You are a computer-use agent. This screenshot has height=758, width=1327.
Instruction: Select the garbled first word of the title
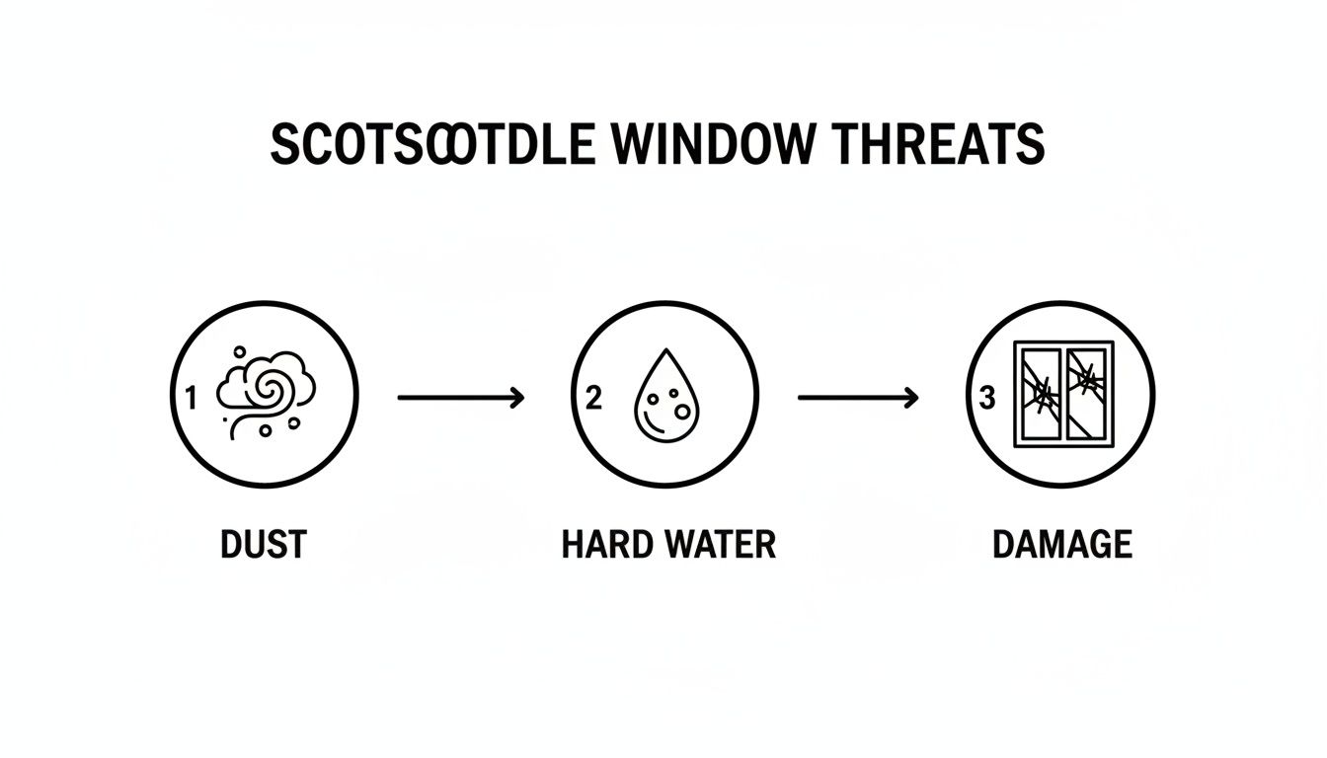[x=432, y=145]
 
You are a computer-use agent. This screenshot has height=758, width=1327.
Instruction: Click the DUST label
[x=264, y=544]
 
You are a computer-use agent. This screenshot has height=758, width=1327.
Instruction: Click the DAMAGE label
[x=1061, y=544]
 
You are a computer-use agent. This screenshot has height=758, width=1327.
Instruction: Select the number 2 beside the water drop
[x=592, y=398]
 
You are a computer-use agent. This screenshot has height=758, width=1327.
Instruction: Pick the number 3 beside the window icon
[x=984, y=398]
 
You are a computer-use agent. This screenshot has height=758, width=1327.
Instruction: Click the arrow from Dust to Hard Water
[x=459, y=398]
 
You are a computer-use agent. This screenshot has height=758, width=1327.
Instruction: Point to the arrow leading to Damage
[x=857, y=398]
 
